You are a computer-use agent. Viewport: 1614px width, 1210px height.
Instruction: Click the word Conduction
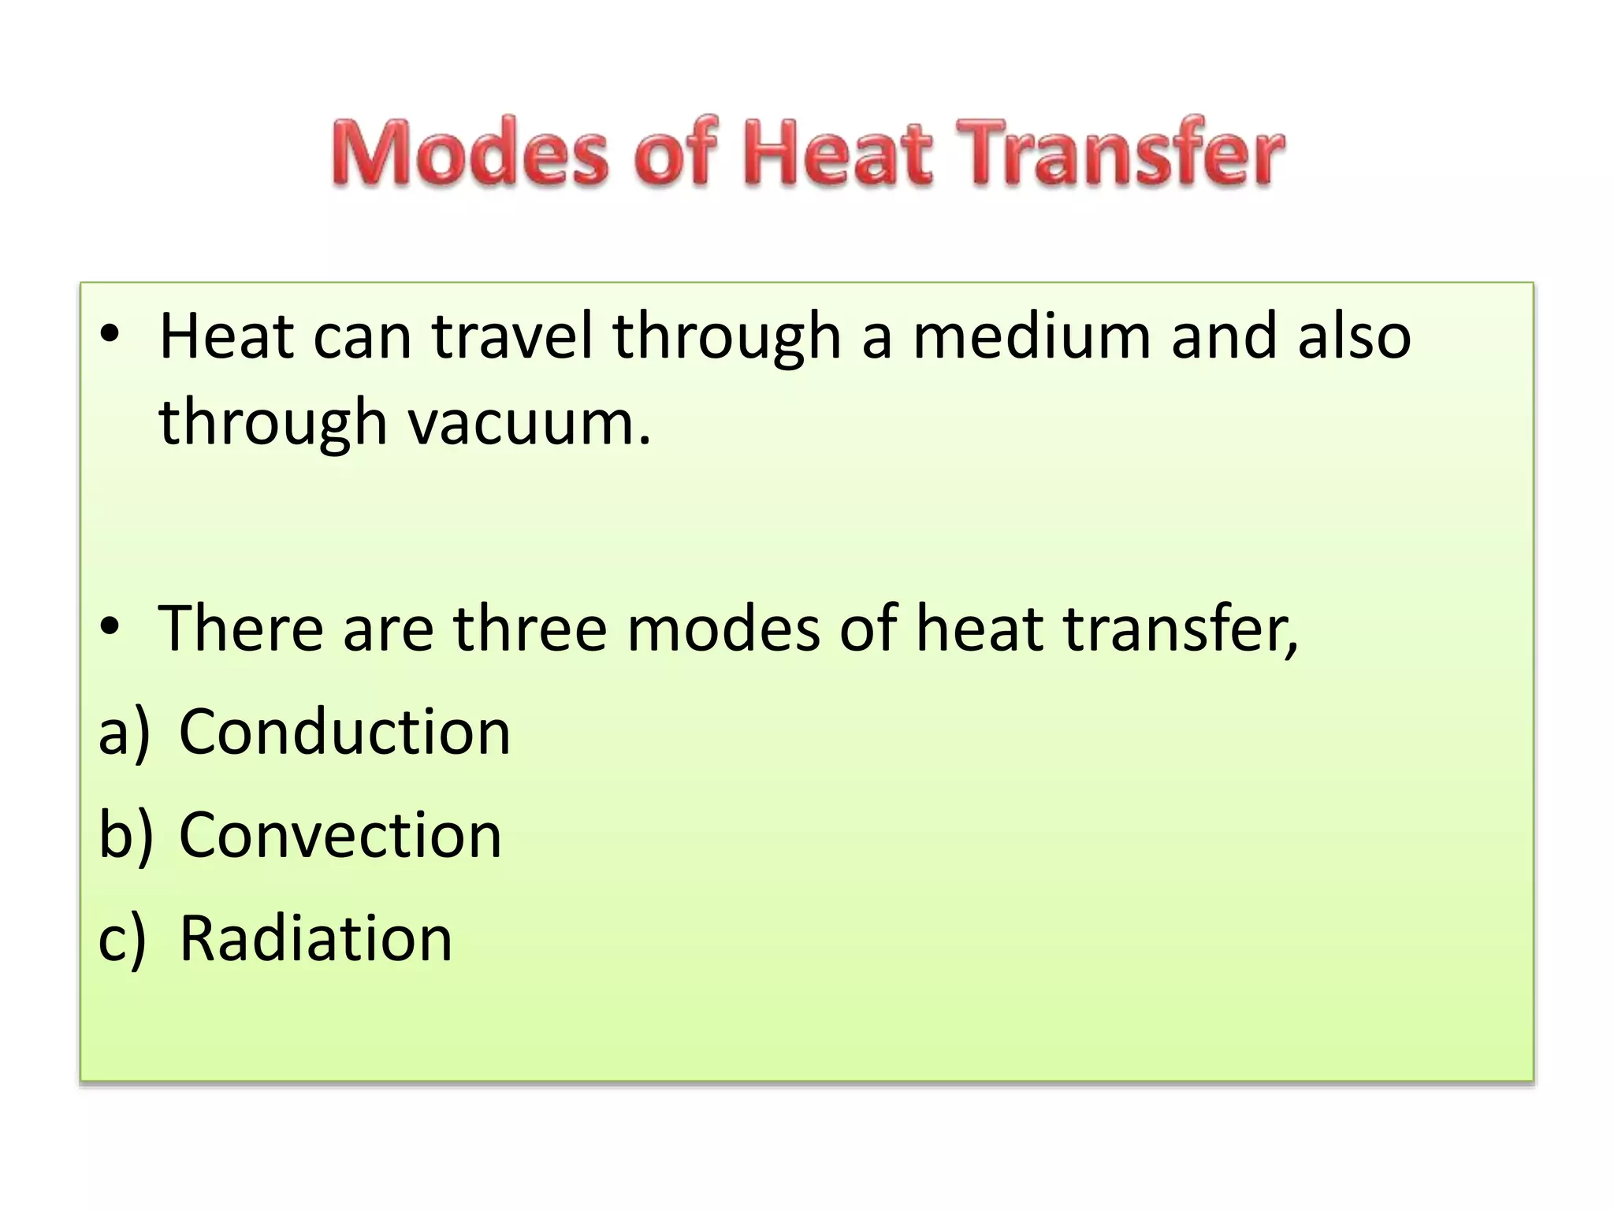[345, 732]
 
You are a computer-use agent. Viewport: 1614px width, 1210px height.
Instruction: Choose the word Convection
[340, 835]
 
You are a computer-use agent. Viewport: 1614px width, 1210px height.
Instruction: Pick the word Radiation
[316, 938]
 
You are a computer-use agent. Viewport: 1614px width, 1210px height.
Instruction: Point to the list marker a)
[125, 732]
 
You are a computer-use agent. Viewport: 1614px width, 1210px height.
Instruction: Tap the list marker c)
[123, 938]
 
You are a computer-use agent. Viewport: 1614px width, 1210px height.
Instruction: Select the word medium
[1032, 336]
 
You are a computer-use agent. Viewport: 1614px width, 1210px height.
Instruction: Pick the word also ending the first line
[1354, 336]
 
